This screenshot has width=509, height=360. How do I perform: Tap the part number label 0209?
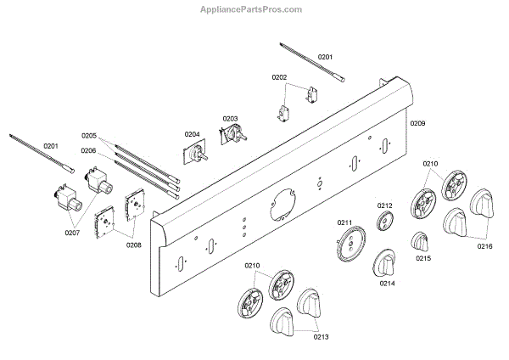(417, 123)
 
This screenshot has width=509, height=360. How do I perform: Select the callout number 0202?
(279, 77)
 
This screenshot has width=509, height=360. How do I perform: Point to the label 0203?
(230, 118)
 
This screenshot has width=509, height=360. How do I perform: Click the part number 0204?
(192, 134)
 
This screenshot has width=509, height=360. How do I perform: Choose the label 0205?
(89, 136)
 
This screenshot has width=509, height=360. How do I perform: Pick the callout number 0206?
(89, 150)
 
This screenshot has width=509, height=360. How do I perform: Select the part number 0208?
(135, 245)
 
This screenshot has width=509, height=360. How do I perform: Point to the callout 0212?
(385, 206)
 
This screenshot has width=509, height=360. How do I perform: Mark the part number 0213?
(321, 337)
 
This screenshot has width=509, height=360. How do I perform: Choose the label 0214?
(387, 284)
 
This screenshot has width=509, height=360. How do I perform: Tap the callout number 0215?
(423, 257)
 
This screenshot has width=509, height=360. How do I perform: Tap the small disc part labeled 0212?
(384, 222)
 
